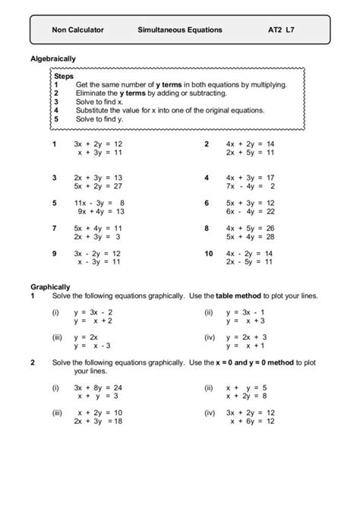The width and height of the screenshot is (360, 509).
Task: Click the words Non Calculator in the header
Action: point(77,30)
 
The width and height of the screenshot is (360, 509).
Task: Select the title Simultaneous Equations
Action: point(180,30)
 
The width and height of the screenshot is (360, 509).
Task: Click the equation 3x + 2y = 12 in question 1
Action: point(98,144)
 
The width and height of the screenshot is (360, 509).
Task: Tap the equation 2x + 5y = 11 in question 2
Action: point(250,153)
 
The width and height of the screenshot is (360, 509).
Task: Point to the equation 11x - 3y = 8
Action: point(98,203)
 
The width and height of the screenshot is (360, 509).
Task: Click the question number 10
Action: point(208,253)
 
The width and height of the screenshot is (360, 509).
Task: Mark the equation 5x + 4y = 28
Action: point(250,237)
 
